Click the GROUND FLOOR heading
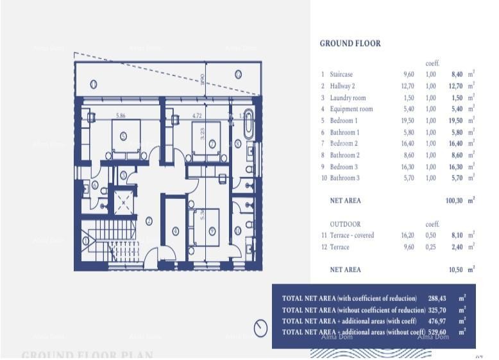[x=350, y=44]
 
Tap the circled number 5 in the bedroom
[x=123, y=135]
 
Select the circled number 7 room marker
[x=212, y=144]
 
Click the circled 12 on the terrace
[x=238, y=74]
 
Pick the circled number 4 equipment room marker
[x=176, y=231]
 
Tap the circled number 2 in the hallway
[x=148, y=221]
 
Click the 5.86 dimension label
[x=120, y=116]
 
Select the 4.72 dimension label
[x=197, y=116]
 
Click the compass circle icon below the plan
[x=260, y=328]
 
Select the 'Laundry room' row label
[x=348, y=98]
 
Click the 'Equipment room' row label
[x=351, y=109]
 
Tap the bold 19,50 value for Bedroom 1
[x=455, y=121]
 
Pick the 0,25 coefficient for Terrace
[x=431, y=247]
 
